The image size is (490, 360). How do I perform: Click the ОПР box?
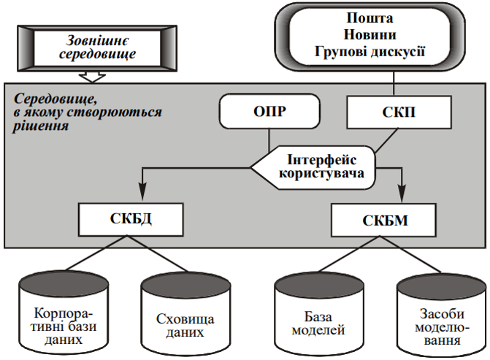coord(269,113)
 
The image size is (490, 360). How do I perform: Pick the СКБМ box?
coord(385,220)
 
